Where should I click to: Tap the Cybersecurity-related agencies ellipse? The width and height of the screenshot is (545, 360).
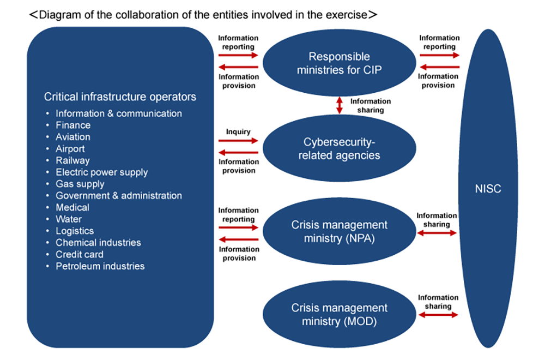click(339, 148)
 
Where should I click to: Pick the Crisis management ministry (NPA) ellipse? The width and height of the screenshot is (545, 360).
click(339, 231)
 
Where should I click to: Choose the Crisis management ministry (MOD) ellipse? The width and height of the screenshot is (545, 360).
click(339, 315)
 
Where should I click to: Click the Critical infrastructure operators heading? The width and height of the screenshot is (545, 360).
click(120, 97)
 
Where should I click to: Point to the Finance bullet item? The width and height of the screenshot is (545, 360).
click(73, 125)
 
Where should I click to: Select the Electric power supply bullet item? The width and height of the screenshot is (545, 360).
click(101, 172)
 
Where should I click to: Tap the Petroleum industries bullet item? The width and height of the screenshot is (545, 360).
click(100, 266)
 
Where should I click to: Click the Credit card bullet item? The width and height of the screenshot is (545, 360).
click(79, 254)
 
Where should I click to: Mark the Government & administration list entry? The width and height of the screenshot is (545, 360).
click(118, 196)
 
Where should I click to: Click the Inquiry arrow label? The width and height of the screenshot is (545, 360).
click(238, 131)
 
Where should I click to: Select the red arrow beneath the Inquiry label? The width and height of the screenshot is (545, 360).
click(238, 141)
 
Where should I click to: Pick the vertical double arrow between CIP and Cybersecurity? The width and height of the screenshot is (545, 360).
click(340, 105)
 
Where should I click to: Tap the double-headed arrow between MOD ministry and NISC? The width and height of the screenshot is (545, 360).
click(438, 315)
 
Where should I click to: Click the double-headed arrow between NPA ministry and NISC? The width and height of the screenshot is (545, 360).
click(438, 233)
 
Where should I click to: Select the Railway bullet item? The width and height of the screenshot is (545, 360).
click(72, 160)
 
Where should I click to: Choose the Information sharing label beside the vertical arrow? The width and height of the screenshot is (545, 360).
click(371, 105)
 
